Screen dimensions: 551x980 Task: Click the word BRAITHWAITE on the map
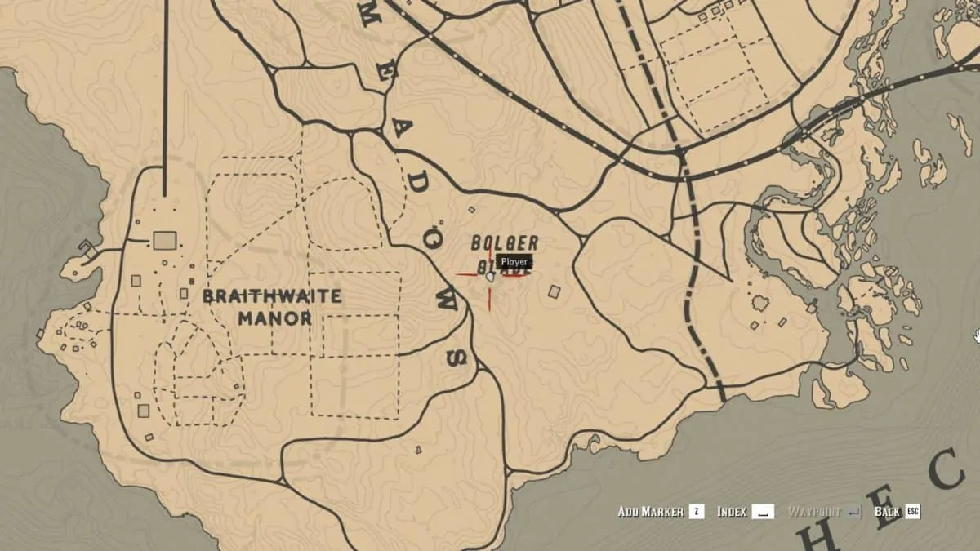(272, 296)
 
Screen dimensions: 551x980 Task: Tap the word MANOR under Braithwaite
(275, 318)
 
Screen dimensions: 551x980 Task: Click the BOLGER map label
(505, 243)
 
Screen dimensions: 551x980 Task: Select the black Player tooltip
(514, 262)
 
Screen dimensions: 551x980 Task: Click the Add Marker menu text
(650, 512)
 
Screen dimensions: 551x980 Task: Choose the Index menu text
(732, 512)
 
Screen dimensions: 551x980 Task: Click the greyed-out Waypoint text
(816, 512)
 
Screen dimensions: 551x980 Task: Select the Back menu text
(887, 512)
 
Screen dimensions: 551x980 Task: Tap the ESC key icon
(912, 512)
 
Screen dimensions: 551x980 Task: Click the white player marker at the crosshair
(490, 278)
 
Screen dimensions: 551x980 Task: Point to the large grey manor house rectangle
(165, 240)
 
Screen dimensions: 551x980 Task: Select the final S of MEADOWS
(457, 357)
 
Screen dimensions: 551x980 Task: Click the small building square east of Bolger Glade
(555, 291)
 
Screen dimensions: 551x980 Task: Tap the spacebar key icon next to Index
(763, 512)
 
